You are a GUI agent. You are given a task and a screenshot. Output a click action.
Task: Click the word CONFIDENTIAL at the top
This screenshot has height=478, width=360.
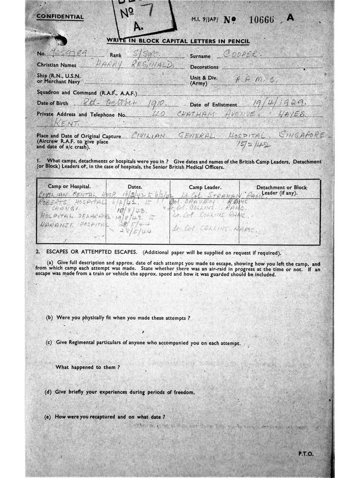pos(60,17)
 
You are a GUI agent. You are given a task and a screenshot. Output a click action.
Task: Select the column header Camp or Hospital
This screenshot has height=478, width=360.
pos(69,186)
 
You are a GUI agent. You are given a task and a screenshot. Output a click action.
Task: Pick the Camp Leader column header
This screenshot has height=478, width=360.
pos(203,187)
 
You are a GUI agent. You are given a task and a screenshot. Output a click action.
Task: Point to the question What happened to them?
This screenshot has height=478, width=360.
pos(88,367)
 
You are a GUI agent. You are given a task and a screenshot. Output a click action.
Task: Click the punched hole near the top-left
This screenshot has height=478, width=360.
pos(60,40)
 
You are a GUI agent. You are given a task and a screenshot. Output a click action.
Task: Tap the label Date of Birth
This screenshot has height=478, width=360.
pos(53,104)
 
